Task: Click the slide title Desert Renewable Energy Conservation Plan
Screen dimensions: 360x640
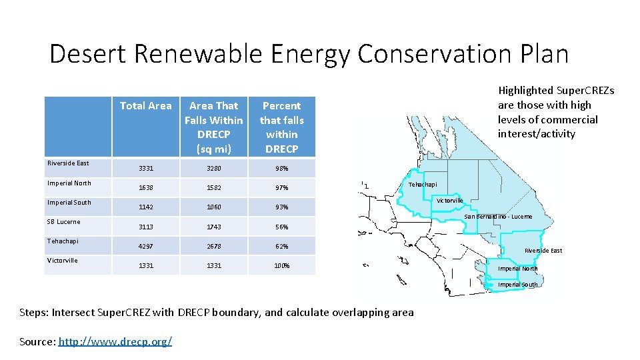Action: (309, 54)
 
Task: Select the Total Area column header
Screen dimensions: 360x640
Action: (145, 106)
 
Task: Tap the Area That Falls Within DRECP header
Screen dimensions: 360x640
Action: (213, 127)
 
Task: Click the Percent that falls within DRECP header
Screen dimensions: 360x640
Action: (281, 127)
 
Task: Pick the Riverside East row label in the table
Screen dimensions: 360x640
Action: (68, 163)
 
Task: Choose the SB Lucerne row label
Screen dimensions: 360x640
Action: (63, 222)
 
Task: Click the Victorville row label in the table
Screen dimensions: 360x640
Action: (62, 261)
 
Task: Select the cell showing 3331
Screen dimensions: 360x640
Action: (145, 168)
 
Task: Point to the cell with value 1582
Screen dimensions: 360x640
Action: (213, 188)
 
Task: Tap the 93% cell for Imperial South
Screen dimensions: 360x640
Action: (281, 207)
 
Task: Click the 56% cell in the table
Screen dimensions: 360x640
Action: (281, 227)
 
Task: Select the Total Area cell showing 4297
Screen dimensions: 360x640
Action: (145, 247)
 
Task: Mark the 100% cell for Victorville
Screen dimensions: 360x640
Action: (281, 266)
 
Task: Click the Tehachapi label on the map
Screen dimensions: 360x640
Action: (423, 184)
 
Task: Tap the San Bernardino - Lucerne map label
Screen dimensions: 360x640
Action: (498, 217)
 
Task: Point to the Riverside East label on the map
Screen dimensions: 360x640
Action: (543, 251)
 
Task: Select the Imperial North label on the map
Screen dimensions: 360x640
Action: (518, 269)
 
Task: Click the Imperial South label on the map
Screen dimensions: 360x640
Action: (518, 285)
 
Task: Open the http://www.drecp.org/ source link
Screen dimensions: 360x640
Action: (115, 341)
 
